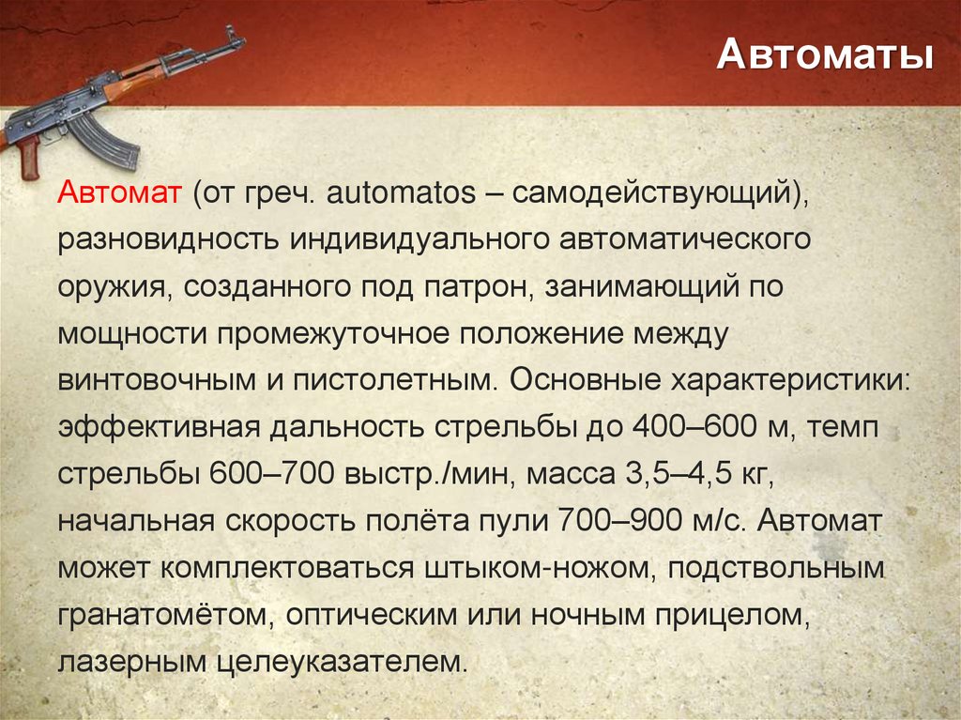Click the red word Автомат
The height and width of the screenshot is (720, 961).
click(x=121, y=196)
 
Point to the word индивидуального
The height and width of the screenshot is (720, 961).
click(x=419, y=242)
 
